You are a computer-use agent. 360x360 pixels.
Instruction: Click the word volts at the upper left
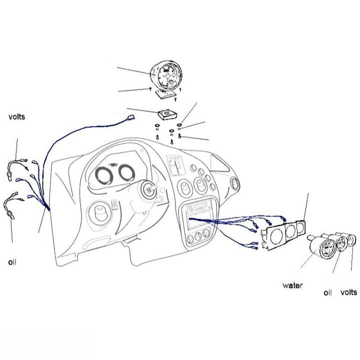pos(16,116)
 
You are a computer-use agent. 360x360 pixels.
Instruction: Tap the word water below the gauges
pos(292,285)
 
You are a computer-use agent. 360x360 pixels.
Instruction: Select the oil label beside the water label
pos(327,292)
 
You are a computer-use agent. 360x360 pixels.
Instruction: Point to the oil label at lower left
pos(12,262)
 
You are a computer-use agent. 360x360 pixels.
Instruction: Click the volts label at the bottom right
pos(349,292)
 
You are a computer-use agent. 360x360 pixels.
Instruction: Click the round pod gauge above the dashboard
pos(166,75)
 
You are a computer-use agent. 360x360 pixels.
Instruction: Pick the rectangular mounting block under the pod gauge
pos(167,115)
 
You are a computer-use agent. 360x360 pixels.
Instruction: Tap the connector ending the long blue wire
pos(130,117)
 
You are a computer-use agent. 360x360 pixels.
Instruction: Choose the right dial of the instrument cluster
pos(126,172)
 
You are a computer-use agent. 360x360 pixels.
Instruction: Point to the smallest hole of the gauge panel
pos(300,228)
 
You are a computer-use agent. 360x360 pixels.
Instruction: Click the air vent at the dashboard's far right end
pos(235,183)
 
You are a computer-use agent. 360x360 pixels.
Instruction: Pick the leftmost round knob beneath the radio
pos(190,239)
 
